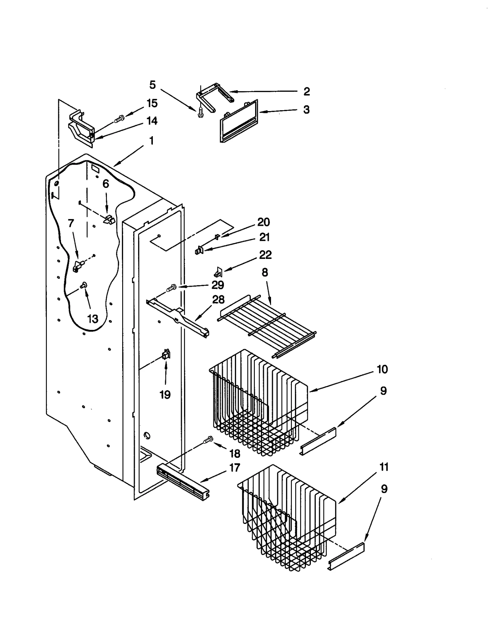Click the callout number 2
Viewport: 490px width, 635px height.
click(x=306, y=91)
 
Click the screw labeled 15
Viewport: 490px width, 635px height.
click(x=119, y=120)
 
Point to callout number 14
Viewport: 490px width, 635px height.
click(x=152, y=121)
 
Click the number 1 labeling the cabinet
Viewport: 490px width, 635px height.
click(x=151, y=141)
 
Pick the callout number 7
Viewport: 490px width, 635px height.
click(x=71, y=223)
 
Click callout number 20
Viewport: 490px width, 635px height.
click(x=263, y=222)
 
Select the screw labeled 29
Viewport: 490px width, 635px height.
click(x=171, y=288)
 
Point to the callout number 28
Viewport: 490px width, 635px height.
click(x=218, y=300)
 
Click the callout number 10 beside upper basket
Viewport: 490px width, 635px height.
click(x=382, y=369)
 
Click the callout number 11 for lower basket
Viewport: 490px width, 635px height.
click(x=383, y=467)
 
